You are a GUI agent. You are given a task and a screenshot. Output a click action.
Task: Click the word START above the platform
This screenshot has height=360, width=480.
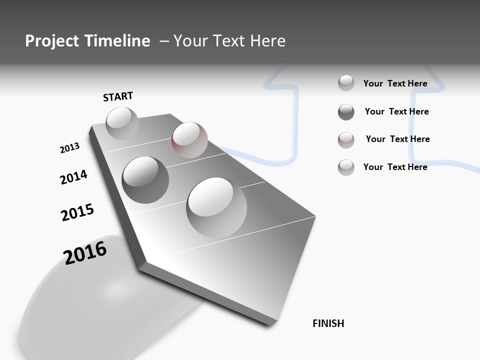click(118, 96)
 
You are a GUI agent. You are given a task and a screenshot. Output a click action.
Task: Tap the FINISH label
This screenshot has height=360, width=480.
click(328, 323)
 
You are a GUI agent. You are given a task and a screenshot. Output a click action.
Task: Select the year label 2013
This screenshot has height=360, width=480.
click(69, 148)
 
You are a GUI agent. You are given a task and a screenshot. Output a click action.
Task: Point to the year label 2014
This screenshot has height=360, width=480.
click(73, 177)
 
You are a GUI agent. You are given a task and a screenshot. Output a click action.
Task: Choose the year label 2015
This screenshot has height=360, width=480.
click(77, 212)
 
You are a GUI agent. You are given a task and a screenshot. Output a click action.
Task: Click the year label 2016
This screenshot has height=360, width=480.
click(85, 253)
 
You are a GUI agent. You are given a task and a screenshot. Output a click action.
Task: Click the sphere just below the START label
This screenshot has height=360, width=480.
click(122, 123)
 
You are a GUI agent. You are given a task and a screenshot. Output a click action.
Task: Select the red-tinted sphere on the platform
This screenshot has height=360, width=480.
click(189, 139)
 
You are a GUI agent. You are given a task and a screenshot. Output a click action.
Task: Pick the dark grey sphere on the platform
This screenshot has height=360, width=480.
click(145, 179)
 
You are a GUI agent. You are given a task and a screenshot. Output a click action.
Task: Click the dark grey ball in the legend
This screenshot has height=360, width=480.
click(346, 112)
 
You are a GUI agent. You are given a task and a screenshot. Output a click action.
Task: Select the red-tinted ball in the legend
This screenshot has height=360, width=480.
click(346, 140)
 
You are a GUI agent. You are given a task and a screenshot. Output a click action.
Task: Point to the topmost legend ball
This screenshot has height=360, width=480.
click(346, 83)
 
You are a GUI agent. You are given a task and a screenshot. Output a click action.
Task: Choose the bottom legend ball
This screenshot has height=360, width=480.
click(346, 167)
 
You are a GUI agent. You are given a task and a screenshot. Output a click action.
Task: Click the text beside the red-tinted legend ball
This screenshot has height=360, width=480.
click(397, 139)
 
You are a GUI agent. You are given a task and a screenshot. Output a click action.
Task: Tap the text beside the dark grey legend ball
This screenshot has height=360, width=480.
click(396, 111)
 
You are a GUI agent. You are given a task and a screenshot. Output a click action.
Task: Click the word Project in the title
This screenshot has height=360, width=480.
click(52, 41)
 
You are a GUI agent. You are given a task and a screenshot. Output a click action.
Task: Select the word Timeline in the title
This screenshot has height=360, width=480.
click(117, 41)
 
